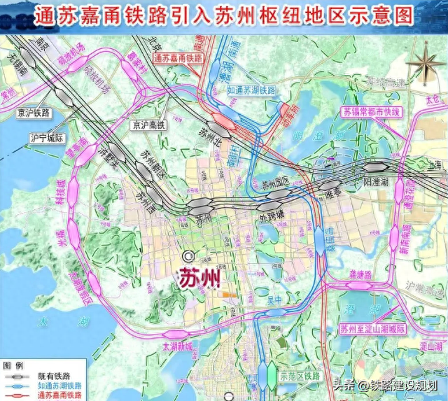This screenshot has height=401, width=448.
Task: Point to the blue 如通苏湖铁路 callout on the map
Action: coord(251,89)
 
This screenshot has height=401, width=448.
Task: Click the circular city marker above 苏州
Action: coord(185,257)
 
